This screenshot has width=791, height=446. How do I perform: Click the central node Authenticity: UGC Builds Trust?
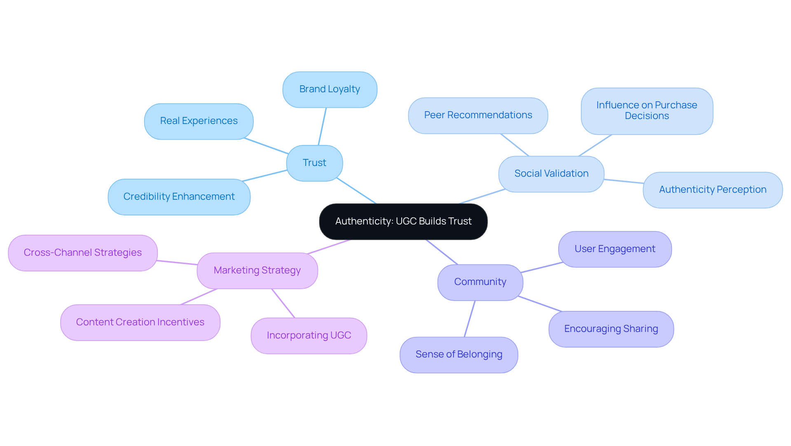tap(403, 222)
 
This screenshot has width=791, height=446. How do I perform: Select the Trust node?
tap(314, 163)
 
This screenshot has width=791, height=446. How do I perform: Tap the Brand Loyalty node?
tap(330, 89)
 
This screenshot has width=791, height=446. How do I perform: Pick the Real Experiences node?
tap(199, 121)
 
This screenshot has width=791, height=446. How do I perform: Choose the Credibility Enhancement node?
tap(179, 197)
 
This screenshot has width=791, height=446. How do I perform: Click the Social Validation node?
tap(551, 174)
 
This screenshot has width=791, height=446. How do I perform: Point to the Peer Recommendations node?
tap(478, 115)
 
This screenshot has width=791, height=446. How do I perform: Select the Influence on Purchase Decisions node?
tap(647, 111)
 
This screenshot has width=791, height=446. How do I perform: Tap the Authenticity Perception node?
tap(712, 190)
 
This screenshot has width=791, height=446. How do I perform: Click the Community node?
tap(480, 282)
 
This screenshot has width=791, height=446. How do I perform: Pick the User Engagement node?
tap(615, 249)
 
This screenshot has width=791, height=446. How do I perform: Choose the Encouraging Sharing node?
tap(611, 329)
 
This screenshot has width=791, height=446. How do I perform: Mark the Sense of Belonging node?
tap(459, 355)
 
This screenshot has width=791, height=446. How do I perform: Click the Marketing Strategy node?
tap(257, 271)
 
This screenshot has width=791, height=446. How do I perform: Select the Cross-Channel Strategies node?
tap(82, 253)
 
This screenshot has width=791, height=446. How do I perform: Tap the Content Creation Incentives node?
tap(140, 322)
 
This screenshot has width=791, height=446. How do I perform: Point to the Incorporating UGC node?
tap(309, 336)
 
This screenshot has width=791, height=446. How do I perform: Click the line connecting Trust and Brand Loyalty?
tap(322, 126)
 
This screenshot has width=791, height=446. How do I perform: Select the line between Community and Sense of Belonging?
tap(470, 319)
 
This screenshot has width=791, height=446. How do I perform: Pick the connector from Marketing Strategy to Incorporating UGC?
tap(283, 303)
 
